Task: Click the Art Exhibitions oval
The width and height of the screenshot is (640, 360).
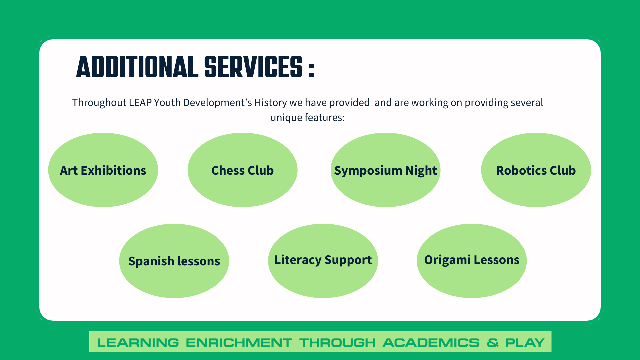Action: [x=103, y=170]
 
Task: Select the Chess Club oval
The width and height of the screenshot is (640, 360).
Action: [x=242, y=170]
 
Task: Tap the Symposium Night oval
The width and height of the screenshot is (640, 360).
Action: [x=385, y=170]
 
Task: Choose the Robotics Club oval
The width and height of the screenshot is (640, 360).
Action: [x=536, y=170]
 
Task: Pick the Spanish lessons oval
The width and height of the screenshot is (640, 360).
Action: [x=174, y=261]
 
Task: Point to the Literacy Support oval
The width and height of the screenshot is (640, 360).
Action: [x=323, y=261]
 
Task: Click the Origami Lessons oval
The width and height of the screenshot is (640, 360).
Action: [x=472, y=261]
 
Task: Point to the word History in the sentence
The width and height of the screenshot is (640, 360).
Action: [x=270, y=102]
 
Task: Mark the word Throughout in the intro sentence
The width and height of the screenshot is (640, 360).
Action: [x=99, y=102]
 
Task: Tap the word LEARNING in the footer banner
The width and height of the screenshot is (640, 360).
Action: [x=138, y=343]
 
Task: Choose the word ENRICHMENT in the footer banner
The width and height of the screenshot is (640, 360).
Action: [x=239, y=343]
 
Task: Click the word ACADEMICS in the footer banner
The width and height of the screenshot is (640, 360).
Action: [x=431, y=343]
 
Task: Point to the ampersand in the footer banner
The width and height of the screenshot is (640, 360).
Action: [x=492, y=343]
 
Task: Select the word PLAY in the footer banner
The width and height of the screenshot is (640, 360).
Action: [x=525, y=343]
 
